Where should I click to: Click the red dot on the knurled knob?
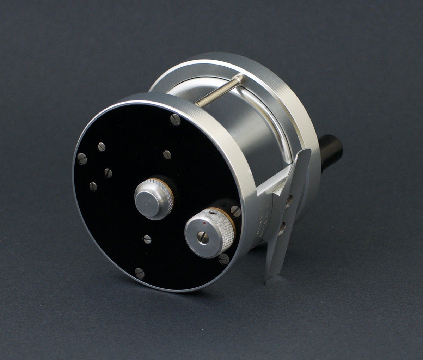pyautogui.click(x=205, y=224)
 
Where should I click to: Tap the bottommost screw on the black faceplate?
pyautogui.click(x=140, y=271)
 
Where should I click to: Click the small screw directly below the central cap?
pyautogui.click(x=147, y=239)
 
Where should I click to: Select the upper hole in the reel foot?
pyautogui.click(x=289, y=201)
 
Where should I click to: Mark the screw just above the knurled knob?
pyautogui.click(x=236, y=211)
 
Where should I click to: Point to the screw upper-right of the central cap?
pyautogui.click(x=167, y=154)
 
